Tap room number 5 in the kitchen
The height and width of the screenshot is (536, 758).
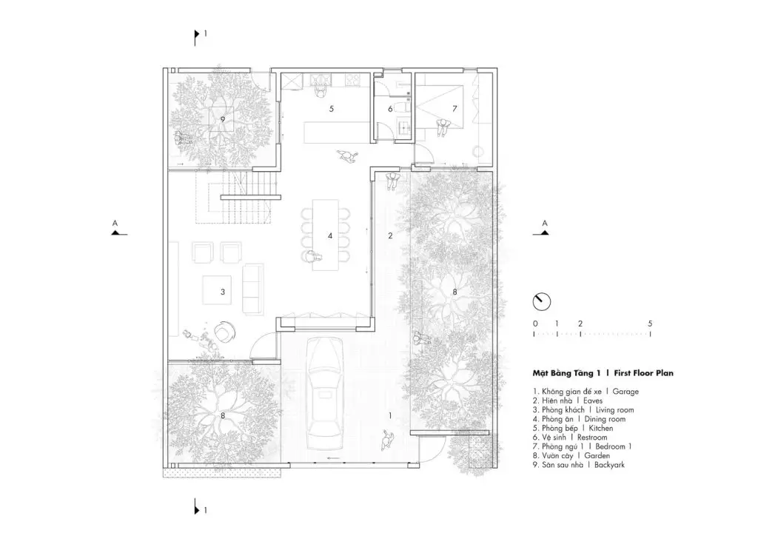[332, 109]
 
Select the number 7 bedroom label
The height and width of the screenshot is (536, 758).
[455, 109]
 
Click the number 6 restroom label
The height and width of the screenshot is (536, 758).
[390, 109]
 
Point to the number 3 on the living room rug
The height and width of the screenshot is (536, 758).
[222, 292]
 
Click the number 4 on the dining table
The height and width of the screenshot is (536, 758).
[331, 237]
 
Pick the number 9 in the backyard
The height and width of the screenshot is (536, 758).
[222, 118]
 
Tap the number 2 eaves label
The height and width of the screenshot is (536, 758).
[390, 236]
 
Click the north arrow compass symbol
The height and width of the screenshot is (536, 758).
[542, 301]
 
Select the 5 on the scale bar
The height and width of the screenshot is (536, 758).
[649, 324]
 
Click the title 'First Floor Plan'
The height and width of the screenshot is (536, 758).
[643, 375]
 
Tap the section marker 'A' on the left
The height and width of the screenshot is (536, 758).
[115, 226]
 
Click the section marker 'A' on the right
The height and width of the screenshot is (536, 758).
[544, 226]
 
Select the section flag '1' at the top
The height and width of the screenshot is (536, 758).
[198, 34]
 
